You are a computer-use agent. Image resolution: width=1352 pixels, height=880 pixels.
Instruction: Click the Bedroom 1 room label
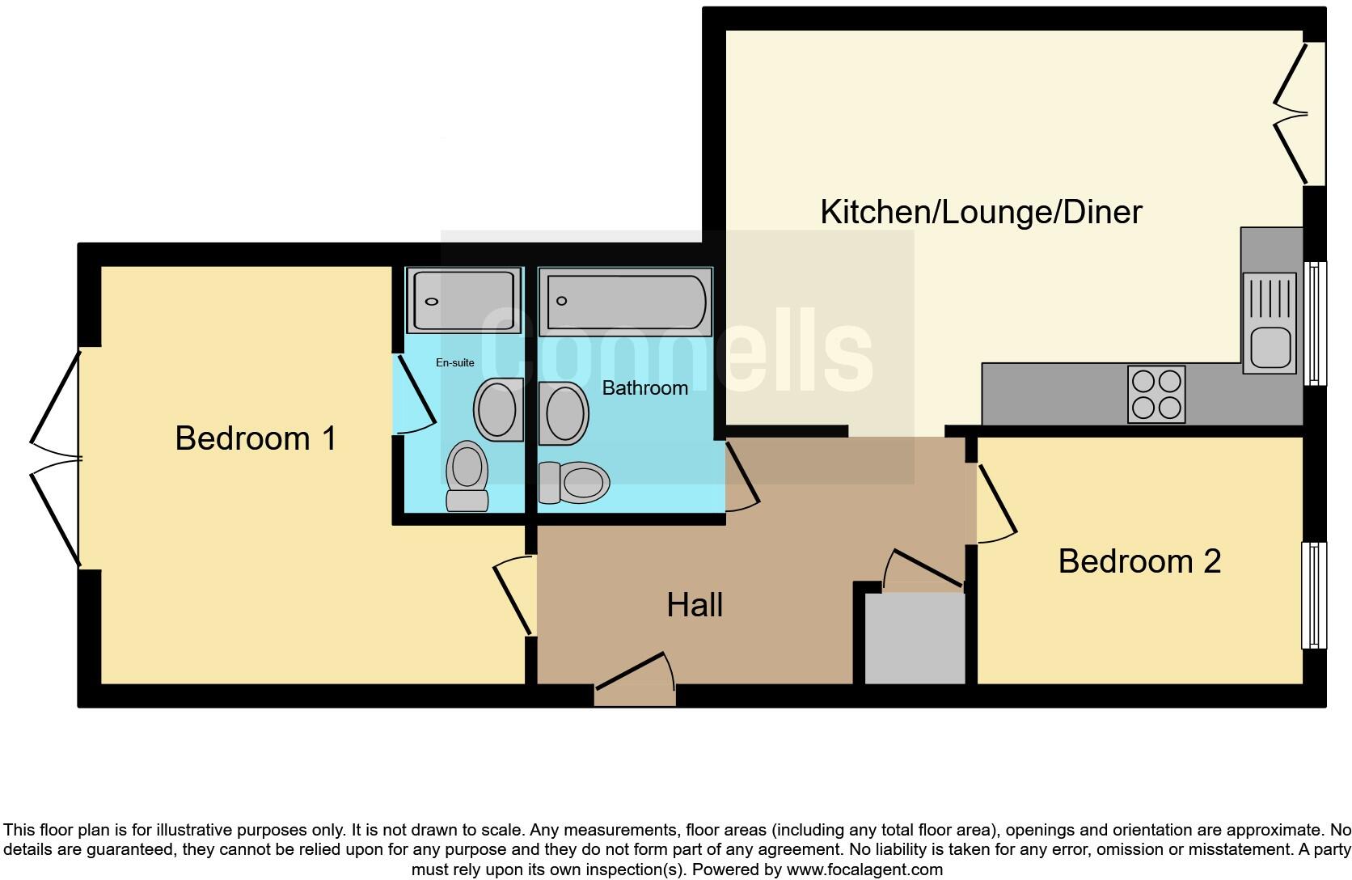point(256,438)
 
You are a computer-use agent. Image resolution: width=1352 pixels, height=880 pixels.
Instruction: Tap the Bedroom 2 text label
point(1139,561)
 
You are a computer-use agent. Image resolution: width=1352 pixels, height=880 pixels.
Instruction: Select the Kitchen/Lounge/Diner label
point(980,212)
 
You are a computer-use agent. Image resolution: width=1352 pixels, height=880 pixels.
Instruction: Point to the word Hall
point(695,605)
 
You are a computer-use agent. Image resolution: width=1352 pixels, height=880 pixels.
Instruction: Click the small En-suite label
point(454,363)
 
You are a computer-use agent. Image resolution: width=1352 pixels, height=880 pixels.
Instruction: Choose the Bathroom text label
point(644,388)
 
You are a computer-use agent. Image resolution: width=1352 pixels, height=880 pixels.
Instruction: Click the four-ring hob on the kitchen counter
point(1156,395)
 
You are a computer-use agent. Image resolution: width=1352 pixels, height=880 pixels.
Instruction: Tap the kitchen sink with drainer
point(1270,324)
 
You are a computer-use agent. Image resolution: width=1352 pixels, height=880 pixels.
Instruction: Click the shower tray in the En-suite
point(463,301)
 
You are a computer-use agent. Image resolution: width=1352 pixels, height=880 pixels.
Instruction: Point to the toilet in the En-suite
point(467,476)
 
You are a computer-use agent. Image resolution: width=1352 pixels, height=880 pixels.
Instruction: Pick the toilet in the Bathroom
point(574,483)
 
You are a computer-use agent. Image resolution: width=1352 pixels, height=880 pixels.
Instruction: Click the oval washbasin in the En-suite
point(497,409)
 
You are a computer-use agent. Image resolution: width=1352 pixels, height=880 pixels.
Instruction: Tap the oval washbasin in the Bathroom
point(564,413)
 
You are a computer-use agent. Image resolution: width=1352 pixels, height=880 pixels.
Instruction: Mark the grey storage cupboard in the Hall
point(915,637)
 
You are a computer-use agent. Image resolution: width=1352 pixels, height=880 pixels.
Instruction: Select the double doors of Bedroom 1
point(57,459)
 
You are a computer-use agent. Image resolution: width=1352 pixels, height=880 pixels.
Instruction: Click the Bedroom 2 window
point(1314,595)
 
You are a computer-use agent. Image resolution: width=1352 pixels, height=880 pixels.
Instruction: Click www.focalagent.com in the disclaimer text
point(864,870)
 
